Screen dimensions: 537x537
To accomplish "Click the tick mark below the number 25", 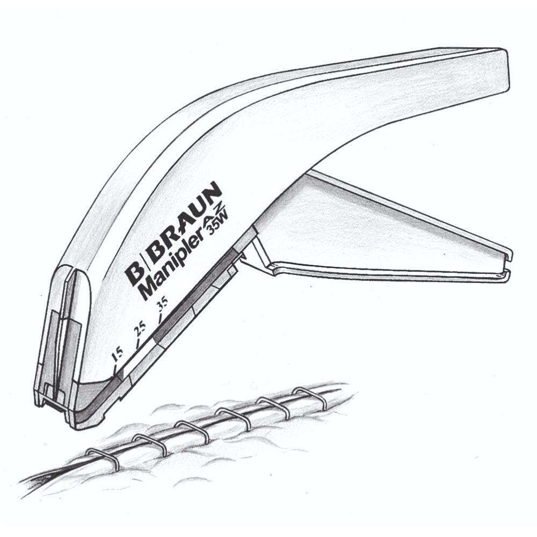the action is pos(139,343).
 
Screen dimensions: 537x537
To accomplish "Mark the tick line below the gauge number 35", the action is pos(159,317).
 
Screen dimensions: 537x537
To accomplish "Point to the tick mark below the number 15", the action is pos(115,370).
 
